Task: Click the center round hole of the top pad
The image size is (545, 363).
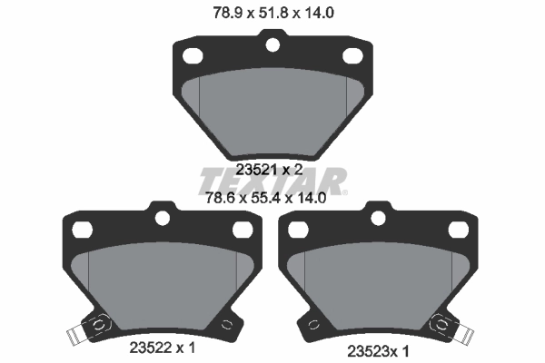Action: click(x=272, y=42)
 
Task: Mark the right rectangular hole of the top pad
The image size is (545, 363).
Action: click(x=352, y=56)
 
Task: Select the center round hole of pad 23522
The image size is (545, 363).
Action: click(x=163, y=217)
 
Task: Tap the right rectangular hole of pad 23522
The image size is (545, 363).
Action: click(x=243, y=230)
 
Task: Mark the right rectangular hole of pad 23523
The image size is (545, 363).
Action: click(x=461, y=230)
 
